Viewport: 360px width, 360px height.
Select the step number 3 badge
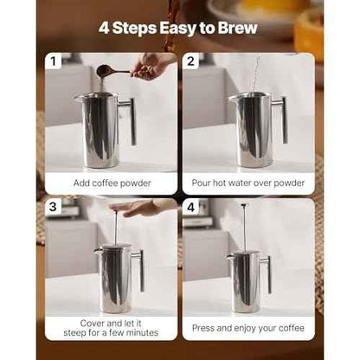click(56, 208)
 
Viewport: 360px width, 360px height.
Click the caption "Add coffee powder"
click(111, 183)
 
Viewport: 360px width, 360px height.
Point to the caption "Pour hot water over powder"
click(247, 183)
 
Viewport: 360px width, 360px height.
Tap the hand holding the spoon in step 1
click(152, 65)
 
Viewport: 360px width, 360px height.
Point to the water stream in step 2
click(254, 74)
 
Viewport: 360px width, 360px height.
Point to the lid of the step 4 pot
click(245, 253)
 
